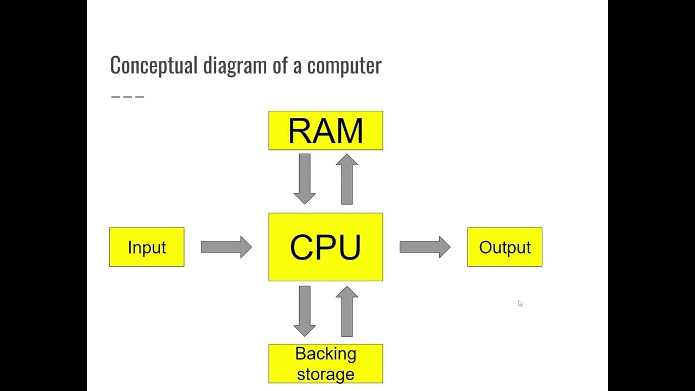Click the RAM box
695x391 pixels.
click(326, 130)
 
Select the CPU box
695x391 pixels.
click(326, 247)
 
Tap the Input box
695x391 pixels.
click(147, 247)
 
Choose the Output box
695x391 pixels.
click(504, 247)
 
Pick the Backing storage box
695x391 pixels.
click(326, 363)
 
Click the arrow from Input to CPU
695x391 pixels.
click(226, 247)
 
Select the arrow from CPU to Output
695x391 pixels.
click(425, 247)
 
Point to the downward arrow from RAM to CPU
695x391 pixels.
click(305, 179)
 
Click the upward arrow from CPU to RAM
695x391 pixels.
click(347, 179)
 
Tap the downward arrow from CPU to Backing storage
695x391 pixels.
click(305, 311)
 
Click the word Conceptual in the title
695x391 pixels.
click(154, 65)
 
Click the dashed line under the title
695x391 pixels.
click(128, 97)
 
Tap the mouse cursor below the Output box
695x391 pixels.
click(520, 304)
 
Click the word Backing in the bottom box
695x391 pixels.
click(326, 354)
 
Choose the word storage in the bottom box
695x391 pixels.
click(326, 374)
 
